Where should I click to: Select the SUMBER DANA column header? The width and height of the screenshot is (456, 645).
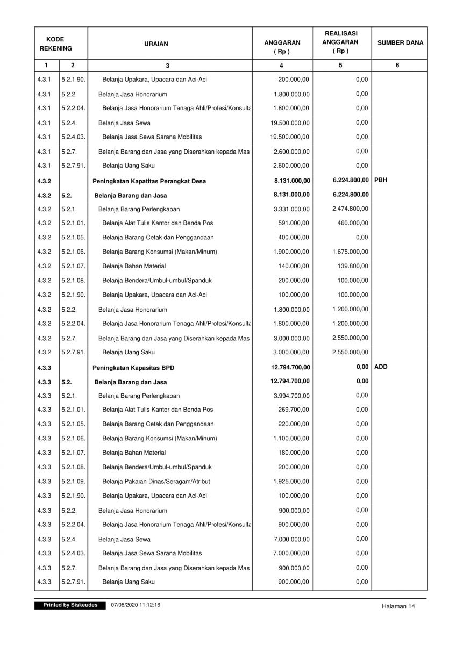(400, 43)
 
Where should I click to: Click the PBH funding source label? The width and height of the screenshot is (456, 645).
(380, 180)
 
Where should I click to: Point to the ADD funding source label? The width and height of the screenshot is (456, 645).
(380, 367)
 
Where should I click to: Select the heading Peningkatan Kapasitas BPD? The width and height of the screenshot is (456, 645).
(133, 368)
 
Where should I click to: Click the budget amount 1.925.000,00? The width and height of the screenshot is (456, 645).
(291, 482)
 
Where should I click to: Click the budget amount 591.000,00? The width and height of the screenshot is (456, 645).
(294, 223)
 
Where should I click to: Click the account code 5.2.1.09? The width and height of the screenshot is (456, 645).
(73, 482)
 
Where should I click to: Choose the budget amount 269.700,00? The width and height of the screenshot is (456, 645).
(294, 410)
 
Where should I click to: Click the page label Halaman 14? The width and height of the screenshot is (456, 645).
(398, 606)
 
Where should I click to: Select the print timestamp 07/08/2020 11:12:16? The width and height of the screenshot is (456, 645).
(136, 605)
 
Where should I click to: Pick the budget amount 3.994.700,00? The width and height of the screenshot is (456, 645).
(291, 396)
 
